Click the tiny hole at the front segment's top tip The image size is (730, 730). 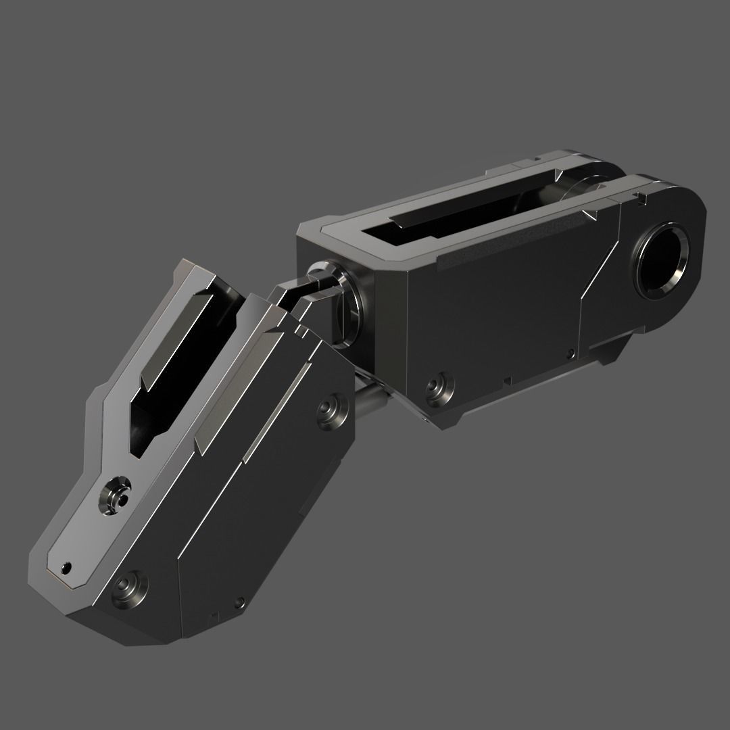tap(66, 566)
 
